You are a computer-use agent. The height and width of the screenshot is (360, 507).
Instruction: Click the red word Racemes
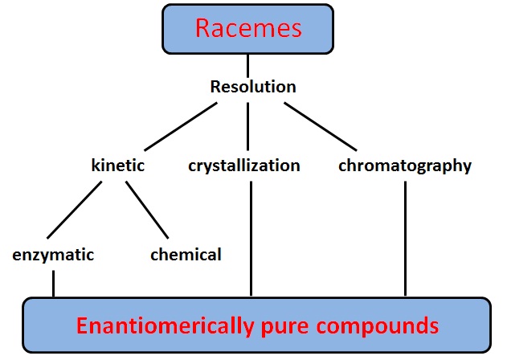(248, 28)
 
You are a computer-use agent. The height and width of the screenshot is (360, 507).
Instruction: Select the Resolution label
(253, 87)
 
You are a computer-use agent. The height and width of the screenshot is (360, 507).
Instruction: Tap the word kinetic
(118, 166)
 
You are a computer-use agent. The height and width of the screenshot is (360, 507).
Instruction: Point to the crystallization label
(244, 166)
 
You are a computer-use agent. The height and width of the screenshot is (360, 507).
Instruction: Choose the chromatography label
(405, 166)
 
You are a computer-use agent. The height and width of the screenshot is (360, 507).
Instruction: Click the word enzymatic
(53, 255)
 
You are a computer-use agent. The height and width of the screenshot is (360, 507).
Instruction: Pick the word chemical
(186, 254)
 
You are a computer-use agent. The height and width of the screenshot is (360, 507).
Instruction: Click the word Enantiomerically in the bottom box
(165, 325)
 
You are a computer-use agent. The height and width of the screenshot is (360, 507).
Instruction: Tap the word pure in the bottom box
(284, 327)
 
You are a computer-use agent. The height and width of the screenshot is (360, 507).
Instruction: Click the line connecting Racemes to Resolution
(247, 66)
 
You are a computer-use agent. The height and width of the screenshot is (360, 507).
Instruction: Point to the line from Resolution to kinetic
(181, 126)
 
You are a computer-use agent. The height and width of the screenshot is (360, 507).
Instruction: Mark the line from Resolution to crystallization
(247, 126)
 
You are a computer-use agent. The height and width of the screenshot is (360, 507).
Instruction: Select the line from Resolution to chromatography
(321, 126)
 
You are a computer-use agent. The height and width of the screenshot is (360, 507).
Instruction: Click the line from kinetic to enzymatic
(75, 210)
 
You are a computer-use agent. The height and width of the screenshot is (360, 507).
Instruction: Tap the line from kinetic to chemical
(147, 210)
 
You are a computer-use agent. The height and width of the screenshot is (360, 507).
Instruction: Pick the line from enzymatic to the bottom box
(53, 284)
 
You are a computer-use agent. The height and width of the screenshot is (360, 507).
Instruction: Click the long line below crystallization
(251, 239)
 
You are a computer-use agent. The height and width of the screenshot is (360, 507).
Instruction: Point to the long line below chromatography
(406, 239)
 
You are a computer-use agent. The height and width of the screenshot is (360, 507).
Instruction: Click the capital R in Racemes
(202, 28)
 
